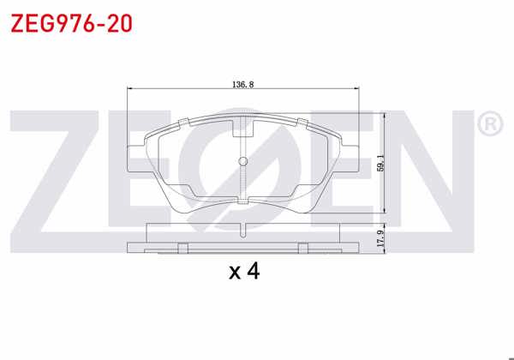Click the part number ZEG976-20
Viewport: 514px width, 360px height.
70,23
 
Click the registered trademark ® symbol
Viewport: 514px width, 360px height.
489,125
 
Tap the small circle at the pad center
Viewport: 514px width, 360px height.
243,163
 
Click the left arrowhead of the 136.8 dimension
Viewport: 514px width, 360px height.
130,89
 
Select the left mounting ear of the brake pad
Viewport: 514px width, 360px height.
137,161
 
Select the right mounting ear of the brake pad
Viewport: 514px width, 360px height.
350,161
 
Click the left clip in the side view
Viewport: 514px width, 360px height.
182,248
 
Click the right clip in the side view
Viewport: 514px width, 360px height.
303,248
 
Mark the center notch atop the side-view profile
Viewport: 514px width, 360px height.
243,228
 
